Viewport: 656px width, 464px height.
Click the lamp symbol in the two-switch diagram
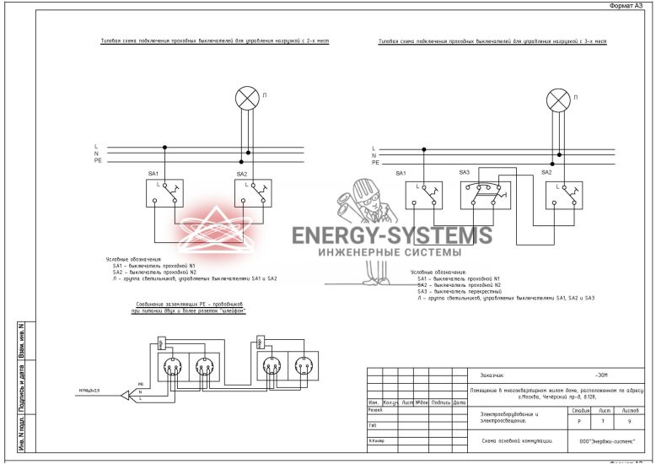(x=246, y=99)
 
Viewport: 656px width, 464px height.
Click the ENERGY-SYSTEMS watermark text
(x=391, y=235)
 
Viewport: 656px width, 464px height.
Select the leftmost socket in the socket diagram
(x=172, y=367)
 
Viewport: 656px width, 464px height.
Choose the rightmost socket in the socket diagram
(x=303, y=367)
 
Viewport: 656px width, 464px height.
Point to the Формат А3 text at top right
(x=629, y=6)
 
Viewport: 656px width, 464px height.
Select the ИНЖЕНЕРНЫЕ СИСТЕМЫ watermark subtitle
(x=389, y=252)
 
